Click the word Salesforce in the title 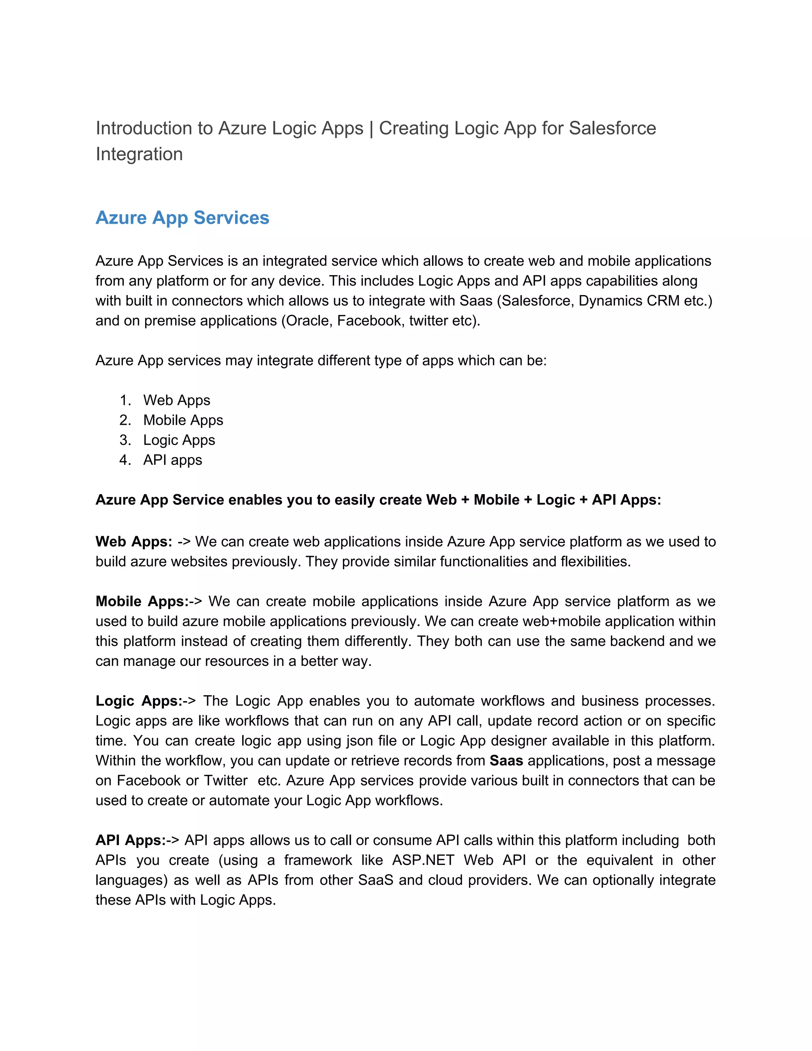[612, 128]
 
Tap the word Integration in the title [139, 154]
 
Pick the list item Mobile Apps [183, 420]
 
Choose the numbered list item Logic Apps [179, 440]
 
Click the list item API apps [172, 460]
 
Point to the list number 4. [124, 460]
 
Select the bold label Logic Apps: [138, 701]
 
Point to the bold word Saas [506, 761]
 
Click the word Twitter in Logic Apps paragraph [226, 781]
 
